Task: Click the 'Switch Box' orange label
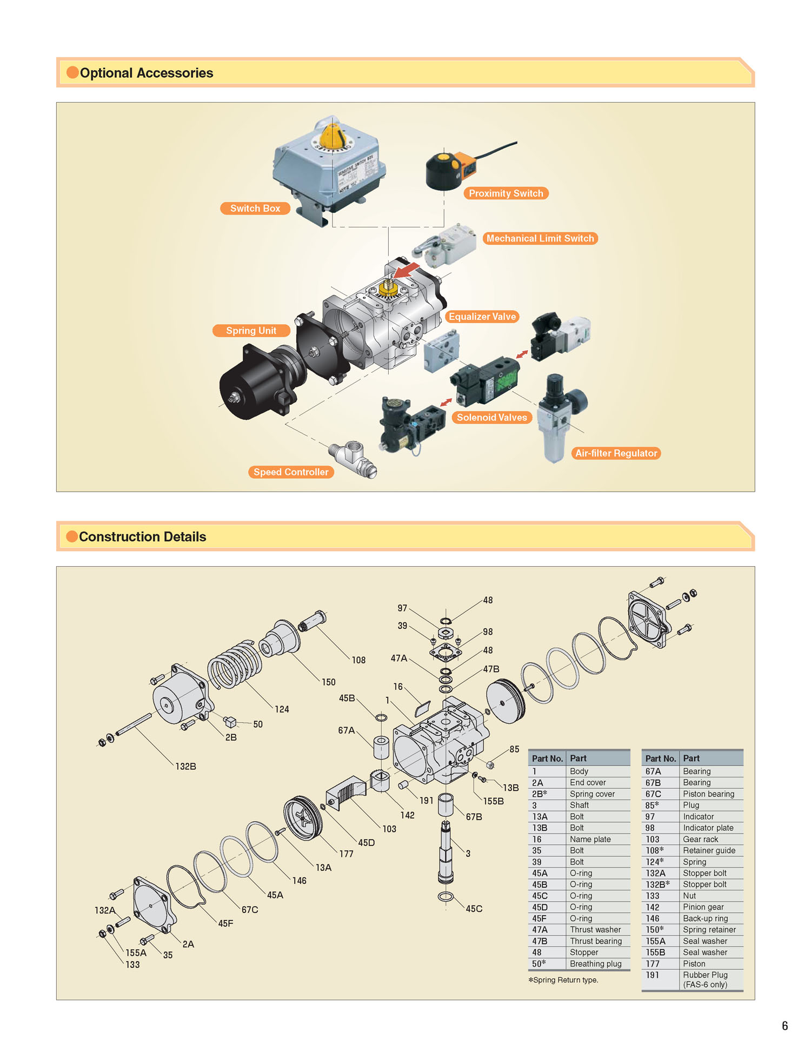(x=255, y=209)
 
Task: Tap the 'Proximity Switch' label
(x=506, y=193)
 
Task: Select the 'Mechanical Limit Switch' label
(x=540, y=238)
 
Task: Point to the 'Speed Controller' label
(x=291, y=472)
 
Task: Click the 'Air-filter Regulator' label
(x=616, y=453)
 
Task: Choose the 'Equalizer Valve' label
(x=482, y=317)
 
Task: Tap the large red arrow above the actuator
(x=406, y=270)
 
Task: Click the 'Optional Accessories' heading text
(x=147, y=73)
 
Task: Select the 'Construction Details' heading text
(x=143, y=537)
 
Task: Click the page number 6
(x=785, y=1026)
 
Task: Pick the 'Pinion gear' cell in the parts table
(x=703, y=907)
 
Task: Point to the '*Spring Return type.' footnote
(x=563, y=980)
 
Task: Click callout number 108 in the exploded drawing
(x=358, y=660)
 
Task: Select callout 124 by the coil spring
(x=282, y=709)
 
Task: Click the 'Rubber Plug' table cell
(x=705, y=975)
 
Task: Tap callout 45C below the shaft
(x=474, y=909)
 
